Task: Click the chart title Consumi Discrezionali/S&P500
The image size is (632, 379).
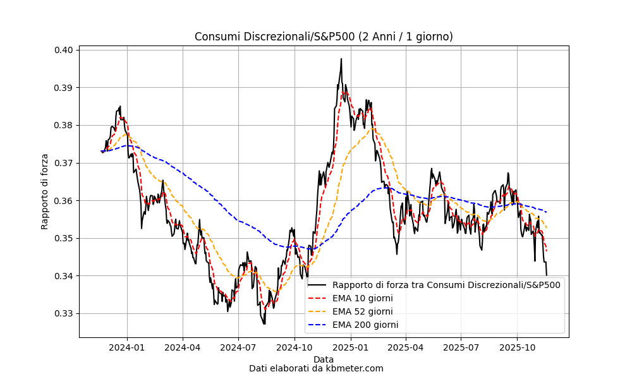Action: click(x=324, y=37)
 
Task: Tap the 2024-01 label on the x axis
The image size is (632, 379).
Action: click(x=127, y=347)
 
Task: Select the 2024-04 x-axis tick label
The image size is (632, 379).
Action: click(x=183, y=347)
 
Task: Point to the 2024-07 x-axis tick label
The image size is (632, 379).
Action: click(x=238, y=347)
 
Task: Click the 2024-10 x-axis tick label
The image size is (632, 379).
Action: click(x=295, y=347)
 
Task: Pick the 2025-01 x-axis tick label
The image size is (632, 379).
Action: click(x=350, y=347)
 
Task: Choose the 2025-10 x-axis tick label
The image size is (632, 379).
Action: click(x=518, y=347)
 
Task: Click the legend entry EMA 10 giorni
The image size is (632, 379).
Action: click(x=362, y=298)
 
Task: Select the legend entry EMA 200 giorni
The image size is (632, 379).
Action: click(x=365, y=325)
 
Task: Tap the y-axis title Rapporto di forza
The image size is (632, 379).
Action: click(x=45, y=191)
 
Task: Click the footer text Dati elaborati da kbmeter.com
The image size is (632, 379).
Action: click(x=316, y=368)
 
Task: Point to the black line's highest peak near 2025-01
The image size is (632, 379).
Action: click(x=341, y=59)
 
